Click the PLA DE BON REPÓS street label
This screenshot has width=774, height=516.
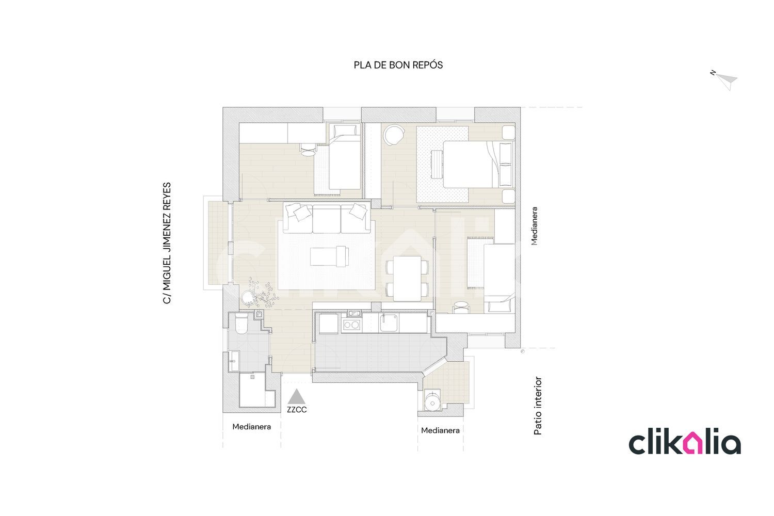point(398,65)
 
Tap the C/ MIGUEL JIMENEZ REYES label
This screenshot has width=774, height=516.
point(167,244)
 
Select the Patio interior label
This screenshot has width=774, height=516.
point(538,406)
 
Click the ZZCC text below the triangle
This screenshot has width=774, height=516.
point(297,410)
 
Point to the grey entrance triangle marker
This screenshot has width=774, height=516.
point(297,396)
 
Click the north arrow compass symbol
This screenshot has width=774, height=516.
point(724,80)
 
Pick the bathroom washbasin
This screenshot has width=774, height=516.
point(234,361)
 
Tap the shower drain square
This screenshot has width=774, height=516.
point(253,377)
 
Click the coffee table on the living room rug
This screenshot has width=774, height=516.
point(329,256)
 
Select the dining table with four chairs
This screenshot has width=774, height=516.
point(407,278)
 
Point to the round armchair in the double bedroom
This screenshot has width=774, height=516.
point(395,135)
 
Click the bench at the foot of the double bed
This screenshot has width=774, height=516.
point(437,165)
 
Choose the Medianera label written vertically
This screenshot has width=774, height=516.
point(534,226)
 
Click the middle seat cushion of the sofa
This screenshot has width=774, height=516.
point(327,219)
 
